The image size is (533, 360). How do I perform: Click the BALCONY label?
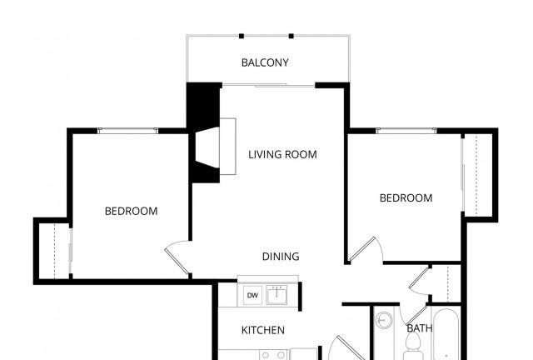[265, 62]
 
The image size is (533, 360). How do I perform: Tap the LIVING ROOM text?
[282, 154]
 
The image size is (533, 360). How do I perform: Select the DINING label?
[281, 257]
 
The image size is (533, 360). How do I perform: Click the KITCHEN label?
[262, 330]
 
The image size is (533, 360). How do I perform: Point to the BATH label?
[419, 328]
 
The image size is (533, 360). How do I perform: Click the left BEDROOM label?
[131, 211]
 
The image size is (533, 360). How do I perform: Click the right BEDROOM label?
[406, 197]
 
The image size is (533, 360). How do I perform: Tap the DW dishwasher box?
[252, 296]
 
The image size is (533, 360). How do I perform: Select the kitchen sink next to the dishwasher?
[276, 296]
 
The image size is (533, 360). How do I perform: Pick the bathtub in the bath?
[446, 337]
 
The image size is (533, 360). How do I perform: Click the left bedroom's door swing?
[177, 257]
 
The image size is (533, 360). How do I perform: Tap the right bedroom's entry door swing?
[364, 248]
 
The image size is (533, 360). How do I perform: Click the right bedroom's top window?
[406, 130]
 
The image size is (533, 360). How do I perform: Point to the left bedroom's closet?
[53, 249]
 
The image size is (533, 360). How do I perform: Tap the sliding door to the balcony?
[268, 84]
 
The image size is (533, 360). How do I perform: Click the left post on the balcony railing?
[242, 36]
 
